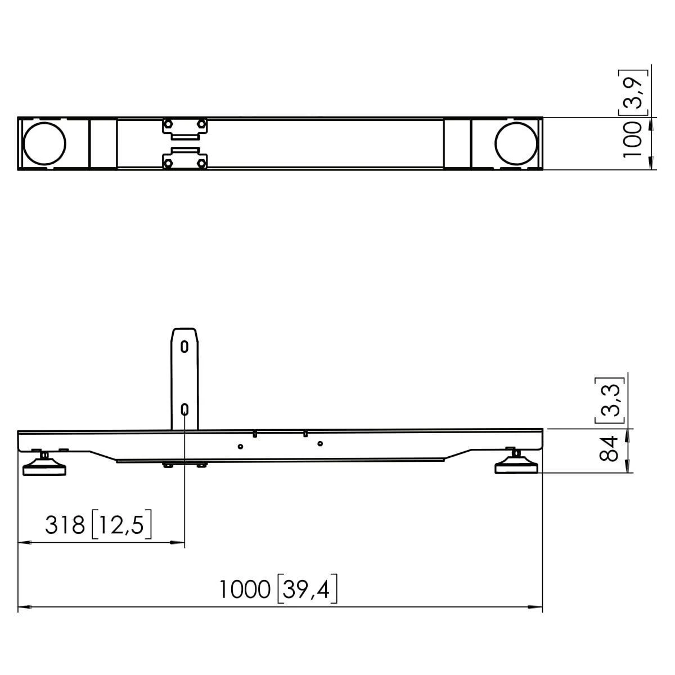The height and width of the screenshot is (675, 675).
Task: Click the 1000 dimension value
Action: [x=245, y=589]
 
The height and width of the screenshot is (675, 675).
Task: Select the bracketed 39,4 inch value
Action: [x=307, y=589]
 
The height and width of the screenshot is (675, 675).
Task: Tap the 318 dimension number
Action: [x=65, y=525]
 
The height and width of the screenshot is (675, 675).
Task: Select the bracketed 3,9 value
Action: [x=633, y=92]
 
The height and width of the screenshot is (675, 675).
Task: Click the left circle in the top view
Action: [x=44, y=143]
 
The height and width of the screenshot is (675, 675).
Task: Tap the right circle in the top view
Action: [x=516, y=143]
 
